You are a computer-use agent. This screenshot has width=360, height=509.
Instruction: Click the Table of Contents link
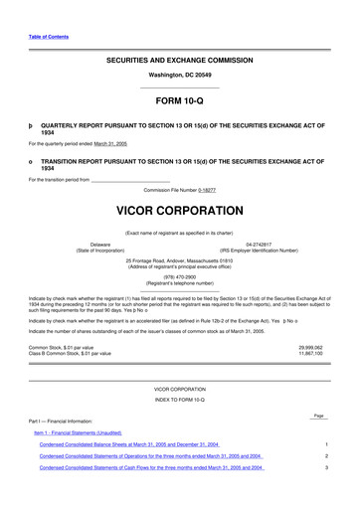[x=48, y=36]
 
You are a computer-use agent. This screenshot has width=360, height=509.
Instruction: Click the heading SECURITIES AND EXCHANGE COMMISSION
[x=179, y=62]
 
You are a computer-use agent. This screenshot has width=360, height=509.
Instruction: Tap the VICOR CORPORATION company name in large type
[x=179, y=212]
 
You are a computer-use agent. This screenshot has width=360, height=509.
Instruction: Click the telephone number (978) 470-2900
[x=179, y=277]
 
